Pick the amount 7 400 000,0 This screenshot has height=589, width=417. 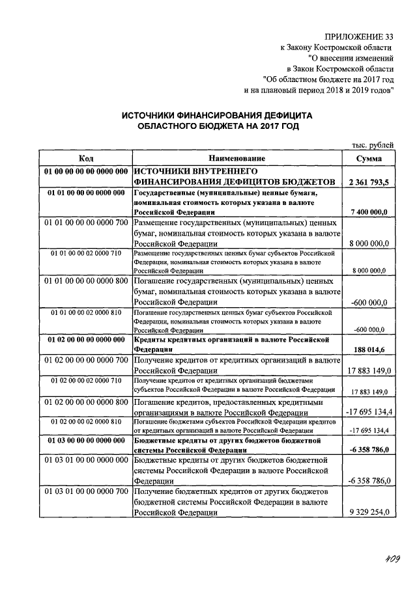click(x=369, y=212)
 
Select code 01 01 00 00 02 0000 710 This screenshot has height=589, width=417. click(x=86, y=253)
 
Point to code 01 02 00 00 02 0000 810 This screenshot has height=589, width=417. click(x=86, y=421)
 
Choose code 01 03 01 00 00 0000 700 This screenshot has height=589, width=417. click(x=86, y=490)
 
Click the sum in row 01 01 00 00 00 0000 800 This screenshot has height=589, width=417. click(x=369, y=303)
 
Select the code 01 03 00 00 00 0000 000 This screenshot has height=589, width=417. click(x=86, y=441)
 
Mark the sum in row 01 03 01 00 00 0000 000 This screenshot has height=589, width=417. click(x=369, y=481)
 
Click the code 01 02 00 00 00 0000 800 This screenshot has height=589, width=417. click(x=86, y=402)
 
